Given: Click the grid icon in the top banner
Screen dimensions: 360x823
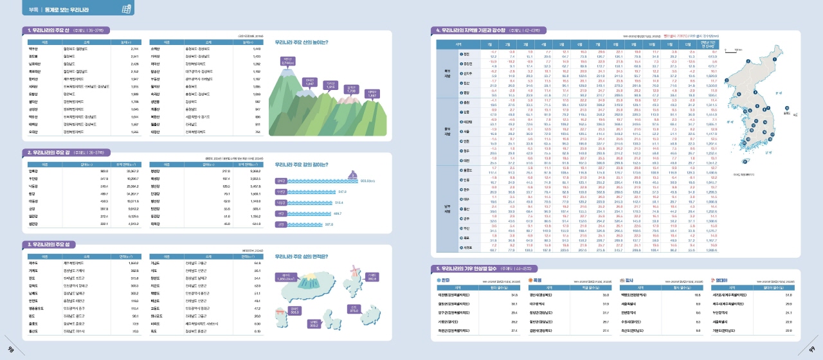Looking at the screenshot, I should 127,9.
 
